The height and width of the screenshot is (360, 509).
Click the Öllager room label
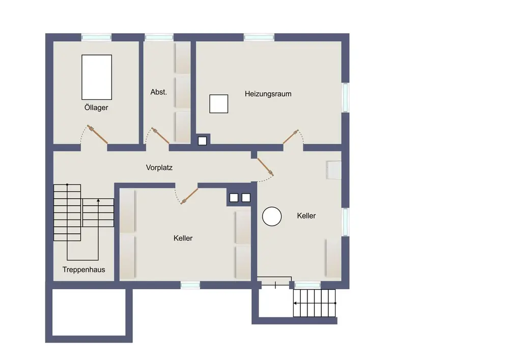point(96,107)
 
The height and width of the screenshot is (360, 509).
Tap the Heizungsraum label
point(268,94)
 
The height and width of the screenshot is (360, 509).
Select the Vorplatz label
point(159,168)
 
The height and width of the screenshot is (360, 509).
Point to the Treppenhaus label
point(84,269)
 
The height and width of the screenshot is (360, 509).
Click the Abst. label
point(158,92)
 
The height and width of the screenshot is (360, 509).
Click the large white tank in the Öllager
point(97,77)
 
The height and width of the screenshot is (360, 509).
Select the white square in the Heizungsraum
point(219,104)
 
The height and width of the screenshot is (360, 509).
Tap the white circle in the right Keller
point(272,216)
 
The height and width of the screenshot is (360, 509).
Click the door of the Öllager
point(97,134)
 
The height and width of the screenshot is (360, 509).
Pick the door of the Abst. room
point(161,135)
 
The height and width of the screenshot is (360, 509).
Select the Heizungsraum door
point(291,136)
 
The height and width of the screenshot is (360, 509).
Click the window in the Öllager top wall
point(96,37)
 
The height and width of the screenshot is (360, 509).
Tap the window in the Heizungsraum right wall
point(346,97)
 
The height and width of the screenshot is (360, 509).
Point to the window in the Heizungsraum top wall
point(259,37)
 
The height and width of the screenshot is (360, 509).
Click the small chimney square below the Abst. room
point(202,141)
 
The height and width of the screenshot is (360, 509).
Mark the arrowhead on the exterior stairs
point(295,303)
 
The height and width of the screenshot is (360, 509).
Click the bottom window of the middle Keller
point(190,285)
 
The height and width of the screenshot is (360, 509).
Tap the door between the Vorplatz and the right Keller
point(265,167)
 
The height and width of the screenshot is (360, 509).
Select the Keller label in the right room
point(306,215)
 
